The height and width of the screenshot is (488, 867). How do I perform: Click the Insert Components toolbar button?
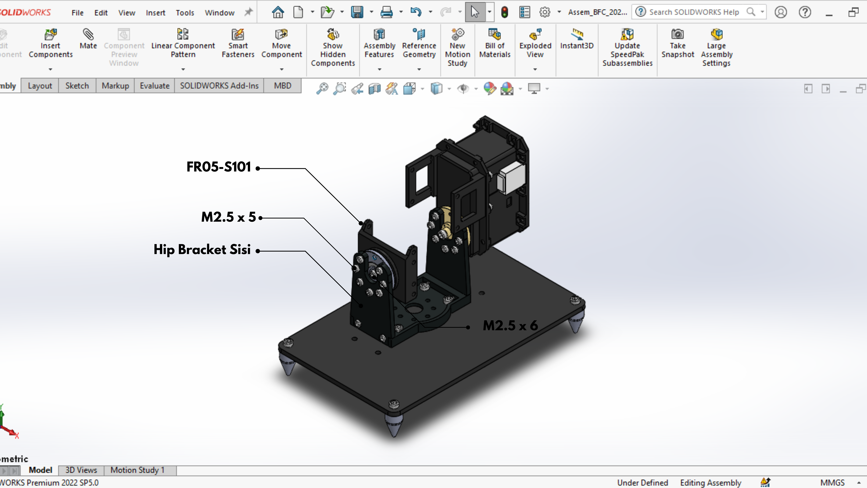point(50,44)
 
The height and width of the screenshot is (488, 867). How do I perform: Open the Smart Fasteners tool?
point(238,44)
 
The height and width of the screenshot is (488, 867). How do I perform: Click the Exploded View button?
point(535,44)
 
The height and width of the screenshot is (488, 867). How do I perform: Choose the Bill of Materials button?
point(495,44)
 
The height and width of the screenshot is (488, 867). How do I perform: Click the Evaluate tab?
point(154,86)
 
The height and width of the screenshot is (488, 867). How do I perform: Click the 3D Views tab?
point(81,470)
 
